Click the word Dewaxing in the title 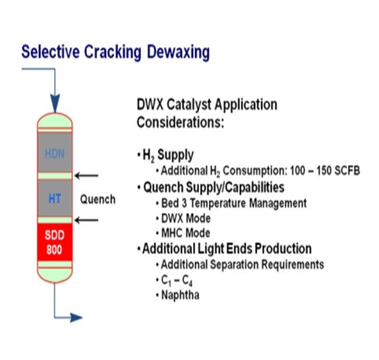[x=178, y=52]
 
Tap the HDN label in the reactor [x=55, y=154]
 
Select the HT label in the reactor [x=55, y=199]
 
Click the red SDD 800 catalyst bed [x=55, y=242]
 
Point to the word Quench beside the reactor [x=98, y=200]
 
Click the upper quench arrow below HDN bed [x=86, y=175]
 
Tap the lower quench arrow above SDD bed [x=86, y=220]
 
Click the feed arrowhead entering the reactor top [x=55, y=104]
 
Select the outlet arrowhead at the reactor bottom [x=76, y=317]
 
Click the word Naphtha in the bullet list [x=181, y=295]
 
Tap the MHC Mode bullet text [x=186, y=233]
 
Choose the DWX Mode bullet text [x=186, y=218]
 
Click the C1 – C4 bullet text [x=177, y=280]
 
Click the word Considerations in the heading [x=181, y=123]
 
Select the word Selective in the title [x=51, y=51]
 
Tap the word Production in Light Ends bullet [x=283, y=249]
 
